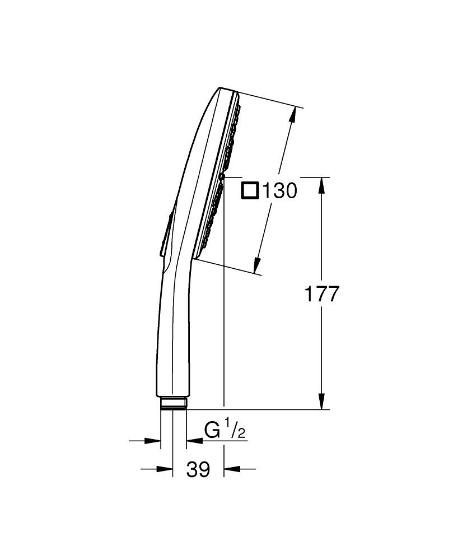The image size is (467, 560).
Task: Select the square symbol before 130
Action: click(250, 190)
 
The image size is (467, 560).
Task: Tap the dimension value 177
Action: click(321, 294)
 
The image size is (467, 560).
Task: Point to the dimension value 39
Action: click(198, 469)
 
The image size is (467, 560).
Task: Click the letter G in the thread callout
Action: click(212, 431)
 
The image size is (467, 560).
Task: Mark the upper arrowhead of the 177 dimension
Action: click(321, 185)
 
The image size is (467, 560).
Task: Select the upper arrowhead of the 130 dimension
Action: click(292, 115)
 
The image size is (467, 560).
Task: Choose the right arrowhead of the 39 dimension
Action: click(231, 469)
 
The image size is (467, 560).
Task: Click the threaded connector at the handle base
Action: click(173, 404)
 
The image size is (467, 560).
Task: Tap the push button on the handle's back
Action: click(165, 235)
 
